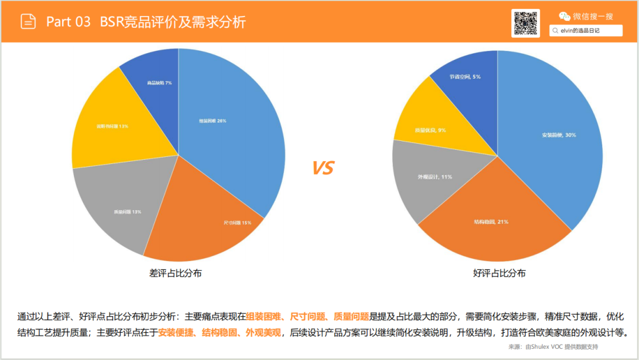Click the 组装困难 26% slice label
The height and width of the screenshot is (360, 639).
pos(212,121)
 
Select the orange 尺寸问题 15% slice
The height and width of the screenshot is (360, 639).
pos(237,223)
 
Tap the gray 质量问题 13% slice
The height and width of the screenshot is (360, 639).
pos(128,211)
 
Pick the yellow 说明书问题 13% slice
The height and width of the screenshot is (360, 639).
pos(112,126)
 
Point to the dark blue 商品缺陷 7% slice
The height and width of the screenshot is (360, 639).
pos(159,83)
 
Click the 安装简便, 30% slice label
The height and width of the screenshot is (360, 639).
pos(559,135)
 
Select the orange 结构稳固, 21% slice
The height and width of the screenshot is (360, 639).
pos(491,222)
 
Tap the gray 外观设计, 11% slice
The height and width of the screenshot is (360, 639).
pos(435,177)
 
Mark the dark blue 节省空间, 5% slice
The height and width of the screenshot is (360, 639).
pos(464,77)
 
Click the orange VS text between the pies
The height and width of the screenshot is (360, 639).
pos(322,168)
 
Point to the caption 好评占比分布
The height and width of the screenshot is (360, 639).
pos(499,273)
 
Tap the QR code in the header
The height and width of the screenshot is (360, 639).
pos(525,23)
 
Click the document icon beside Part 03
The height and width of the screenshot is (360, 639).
pos(28,22)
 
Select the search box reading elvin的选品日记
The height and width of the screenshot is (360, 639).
pos(586,30)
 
